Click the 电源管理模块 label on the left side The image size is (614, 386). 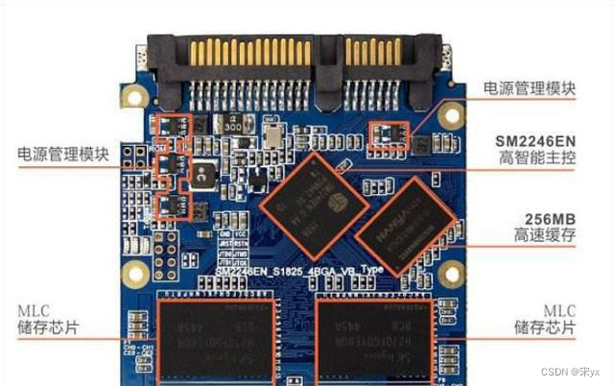(x=62, y=155)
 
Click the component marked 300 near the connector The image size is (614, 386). (x=233, y=124)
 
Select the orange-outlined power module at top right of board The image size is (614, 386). (x=389, y=133)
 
